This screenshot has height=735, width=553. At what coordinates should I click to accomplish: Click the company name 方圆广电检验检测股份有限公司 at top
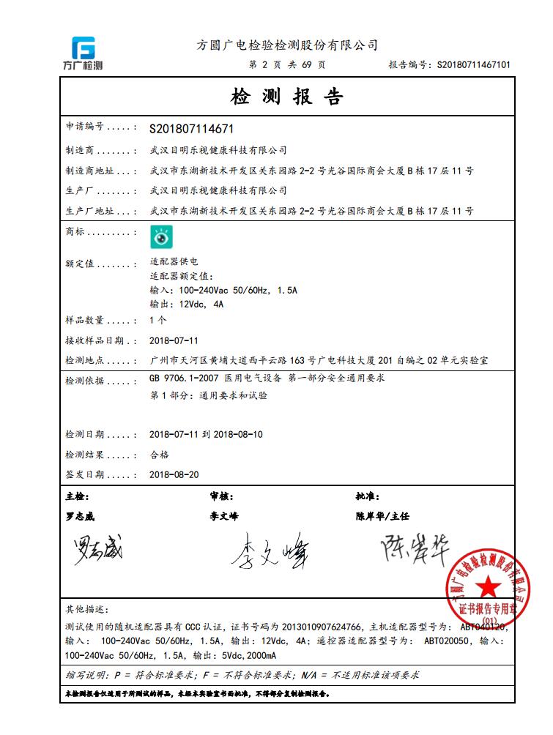pos(287,45)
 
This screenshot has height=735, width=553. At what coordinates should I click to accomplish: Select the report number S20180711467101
pos(474,65)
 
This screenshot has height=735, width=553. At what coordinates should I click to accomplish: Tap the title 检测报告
pos(287,97)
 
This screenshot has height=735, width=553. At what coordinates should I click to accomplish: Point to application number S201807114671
pos(191,129)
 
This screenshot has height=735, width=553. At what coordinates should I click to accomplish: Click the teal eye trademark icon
pos(161,236)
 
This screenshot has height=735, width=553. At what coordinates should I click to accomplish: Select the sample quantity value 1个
pos(157,321)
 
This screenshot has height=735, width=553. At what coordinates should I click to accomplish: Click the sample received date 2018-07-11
pos(174,340)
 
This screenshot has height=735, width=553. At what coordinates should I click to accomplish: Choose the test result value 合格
pos(159,455)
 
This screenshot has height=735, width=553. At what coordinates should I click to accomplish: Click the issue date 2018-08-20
pos(174,474)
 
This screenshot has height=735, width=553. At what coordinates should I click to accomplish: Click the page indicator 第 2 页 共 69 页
pos(287,65)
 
